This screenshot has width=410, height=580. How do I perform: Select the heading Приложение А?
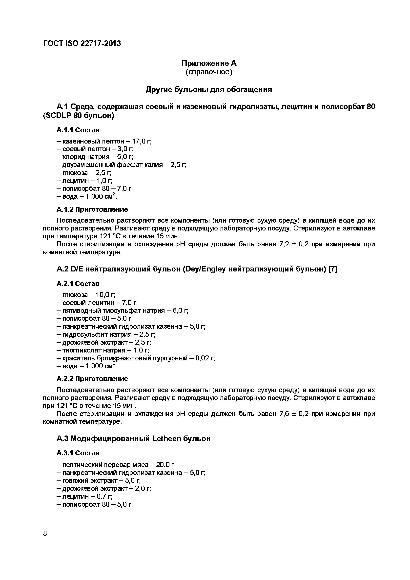pos(209,63)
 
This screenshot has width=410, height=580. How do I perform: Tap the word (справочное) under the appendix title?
pos(209,72)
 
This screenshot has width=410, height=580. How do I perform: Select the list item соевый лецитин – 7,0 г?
pos(97,302)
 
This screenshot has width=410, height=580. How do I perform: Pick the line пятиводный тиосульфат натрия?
pos(122,311)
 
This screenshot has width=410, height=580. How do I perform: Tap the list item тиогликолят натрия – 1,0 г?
pos(102,350)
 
